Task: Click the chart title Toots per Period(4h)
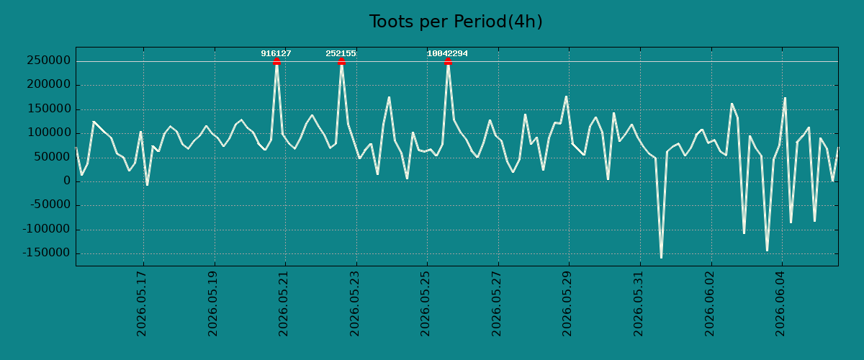point(456,22)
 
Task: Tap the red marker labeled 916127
point(276,61)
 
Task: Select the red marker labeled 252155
point(341,61)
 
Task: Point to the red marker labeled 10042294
point(448,61)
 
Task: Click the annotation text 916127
point(276,53)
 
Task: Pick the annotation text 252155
point(341,53)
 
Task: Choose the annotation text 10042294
point(447,53)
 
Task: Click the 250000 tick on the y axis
point(49,60)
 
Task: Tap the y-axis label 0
point(67,181)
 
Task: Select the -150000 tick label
point(46,253)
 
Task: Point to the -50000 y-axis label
point(50,205)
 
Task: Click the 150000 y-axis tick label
point(49,109)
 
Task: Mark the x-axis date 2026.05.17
point(142,304)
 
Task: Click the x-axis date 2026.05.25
point(425,304)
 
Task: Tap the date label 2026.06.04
point(780,304)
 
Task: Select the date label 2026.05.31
point(638,304)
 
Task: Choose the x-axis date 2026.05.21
point(283,304)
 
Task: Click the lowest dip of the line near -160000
point(661,257)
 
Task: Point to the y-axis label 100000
point(49,132)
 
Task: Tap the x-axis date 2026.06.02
point(709,304)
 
